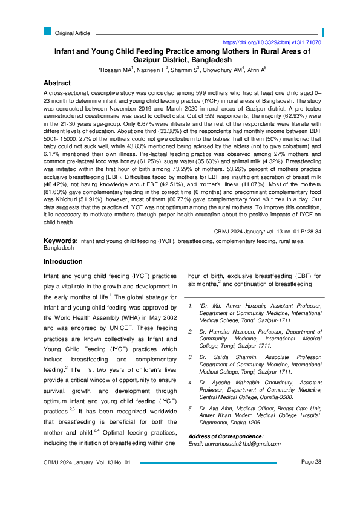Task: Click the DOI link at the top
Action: [272, 43]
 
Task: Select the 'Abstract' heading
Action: [59, 83]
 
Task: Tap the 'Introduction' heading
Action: [63, 261]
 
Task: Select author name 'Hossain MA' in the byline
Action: [117, 70]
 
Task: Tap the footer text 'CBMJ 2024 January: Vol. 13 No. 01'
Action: [87, 479]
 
